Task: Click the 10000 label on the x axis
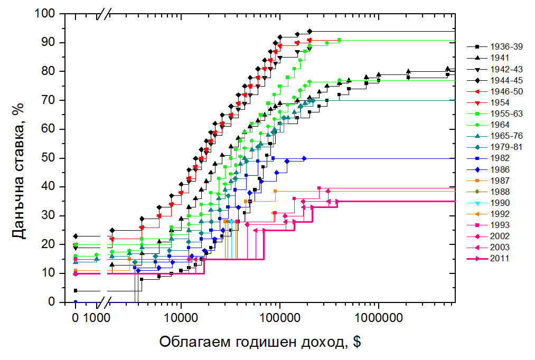coord(181,318)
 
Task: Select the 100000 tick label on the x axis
coord(279,318)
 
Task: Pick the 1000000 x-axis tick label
coord(378,318)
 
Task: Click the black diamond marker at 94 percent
coord(309,31)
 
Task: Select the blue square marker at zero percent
coord(76,302)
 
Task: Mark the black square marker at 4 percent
coord(76,290)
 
